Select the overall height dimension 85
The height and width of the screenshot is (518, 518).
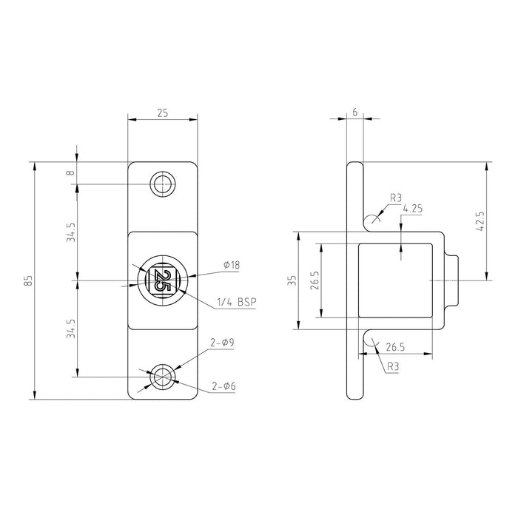coord(28,280)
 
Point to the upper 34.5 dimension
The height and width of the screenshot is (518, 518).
coord(70,232)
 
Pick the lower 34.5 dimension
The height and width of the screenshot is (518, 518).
coord(70,329)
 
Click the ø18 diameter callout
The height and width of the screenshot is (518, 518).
coord(231,265)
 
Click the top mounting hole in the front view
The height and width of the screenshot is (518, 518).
coord(163,184)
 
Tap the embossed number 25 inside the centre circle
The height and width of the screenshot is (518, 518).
coord(163,281)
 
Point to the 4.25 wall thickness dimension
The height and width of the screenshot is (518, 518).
coord(413,209)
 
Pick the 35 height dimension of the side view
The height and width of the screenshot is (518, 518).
coord(292,280)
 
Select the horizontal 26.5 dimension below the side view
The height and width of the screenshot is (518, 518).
coord(394,346)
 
